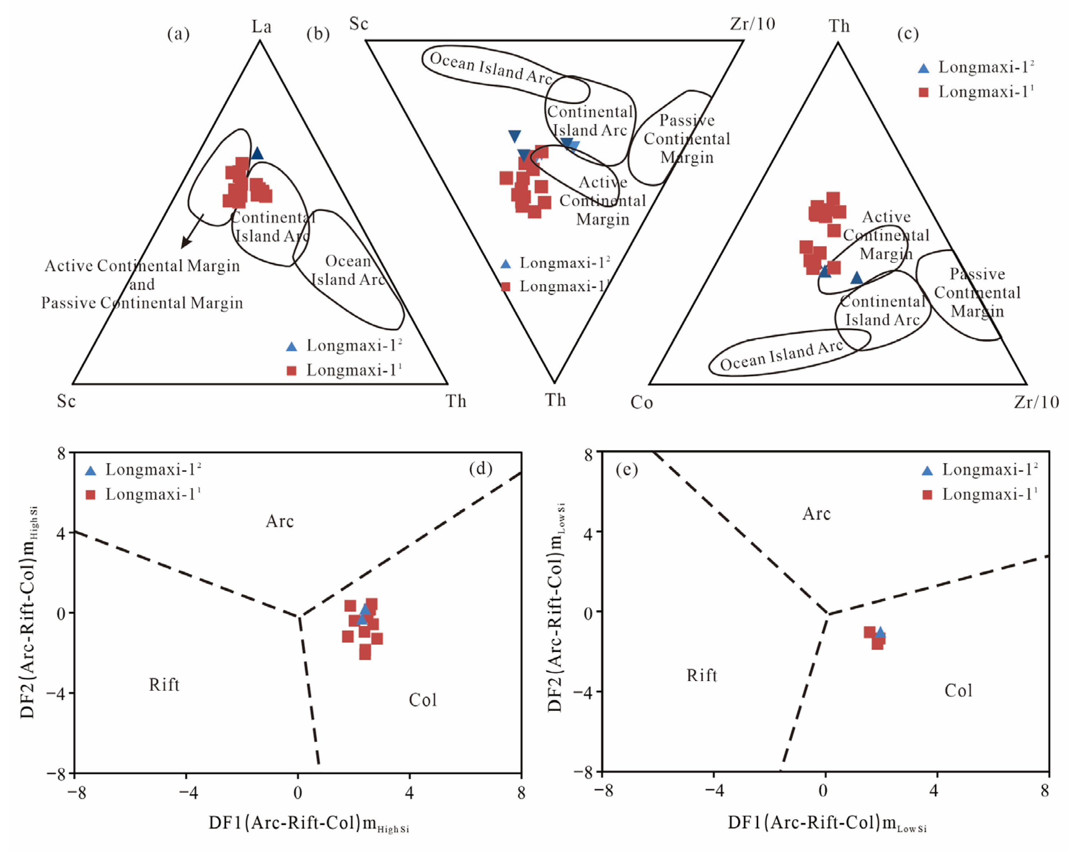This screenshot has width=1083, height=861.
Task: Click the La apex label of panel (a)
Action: pos(261,26)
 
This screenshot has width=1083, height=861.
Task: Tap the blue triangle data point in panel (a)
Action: pos(257,153)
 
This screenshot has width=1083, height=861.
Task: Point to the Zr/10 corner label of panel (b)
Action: pos(752,24)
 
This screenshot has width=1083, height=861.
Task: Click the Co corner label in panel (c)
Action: pos(642,402)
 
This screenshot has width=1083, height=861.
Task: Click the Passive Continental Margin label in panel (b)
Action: pos(687,139)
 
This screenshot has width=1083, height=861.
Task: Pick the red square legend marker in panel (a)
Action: pos(291,371)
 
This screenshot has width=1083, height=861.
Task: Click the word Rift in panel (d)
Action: pos(164,684)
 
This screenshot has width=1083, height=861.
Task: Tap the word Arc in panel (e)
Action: pos(816,513)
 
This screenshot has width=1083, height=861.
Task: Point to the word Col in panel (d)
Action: pos(422,700)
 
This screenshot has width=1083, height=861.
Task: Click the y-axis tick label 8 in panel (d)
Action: pos(61,453)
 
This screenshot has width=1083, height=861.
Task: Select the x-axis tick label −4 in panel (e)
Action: pos(714,791)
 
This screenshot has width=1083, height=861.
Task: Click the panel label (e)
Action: pos(626,470)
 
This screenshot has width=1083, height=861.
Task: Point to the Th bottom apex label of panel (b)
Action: pos(555,400)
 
